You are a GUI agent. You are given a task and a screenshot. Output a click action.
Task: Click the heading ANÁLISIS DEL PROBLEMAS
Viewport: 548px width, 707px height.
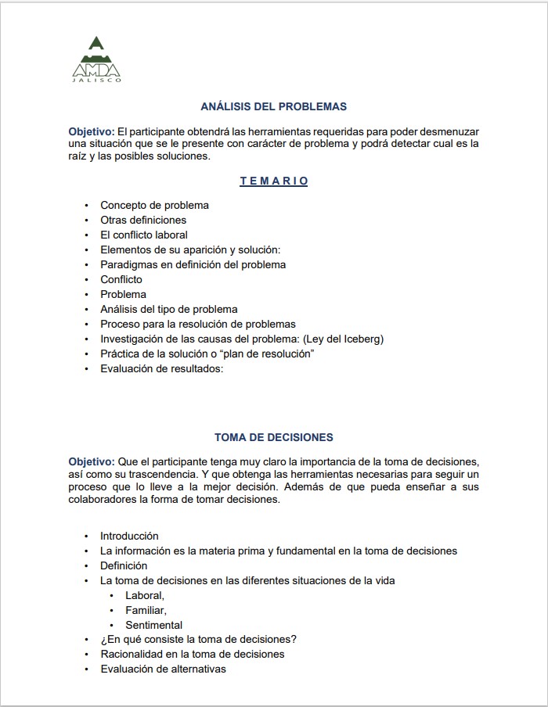pos(273,106)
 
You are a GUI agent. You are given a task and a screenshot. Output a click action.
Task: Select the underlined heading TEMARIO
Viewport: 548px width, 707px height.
pos(273,181)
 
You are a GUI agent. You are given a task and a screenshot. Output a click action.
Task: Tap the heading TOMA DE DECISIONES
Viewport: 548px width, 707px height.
pos(273,437)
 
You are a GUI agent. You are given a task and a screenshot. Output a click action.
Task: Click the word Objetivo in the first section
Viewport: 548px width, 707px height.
pos(92,131)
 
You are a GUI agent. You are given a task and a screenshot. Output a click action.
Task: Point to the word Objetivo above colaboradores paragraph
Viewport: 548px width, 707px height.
pos(92,461)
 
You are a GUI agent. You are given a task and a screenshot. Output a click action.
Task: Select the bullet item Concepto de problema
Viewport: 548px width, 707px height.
pos(154,205)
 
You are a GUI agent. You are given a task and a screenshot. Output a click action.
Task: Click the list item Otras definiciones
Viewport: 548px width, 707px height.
pos(143,220)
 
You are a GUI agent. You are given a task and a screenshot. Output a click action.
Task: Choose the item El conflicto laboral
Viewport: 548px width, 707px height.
pos(144,235)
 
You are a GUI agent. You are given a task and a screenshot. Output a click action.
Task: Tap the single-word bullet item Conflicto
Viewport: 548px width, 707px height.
pos(121,279)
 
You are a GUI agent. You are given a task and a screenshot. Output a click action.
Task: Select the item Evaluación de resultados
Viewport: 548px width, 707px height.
pos(162,368)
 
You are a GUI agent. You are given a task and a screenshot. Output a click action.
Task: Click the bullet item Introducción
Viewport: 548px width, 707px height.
pos(129,536)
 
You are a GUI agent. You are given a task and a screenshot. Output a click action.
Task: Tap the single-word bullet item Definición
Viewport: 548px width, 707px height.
pos(124,565)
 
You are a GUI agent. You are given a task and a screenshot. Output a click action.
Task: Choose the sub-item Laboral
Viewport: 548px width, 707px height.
pos(145,595)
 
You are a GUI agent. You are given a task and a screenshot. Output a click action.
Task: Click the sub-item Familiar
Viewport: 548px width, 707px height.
pos(146,610)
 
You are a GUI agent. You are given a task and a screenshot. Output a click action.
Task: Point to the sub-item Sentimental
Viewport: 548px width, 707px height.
pos(153,625)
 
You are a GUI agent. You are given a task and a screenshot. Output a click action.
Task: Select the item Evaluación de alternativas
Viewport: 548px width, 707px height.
pos(163,669)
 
